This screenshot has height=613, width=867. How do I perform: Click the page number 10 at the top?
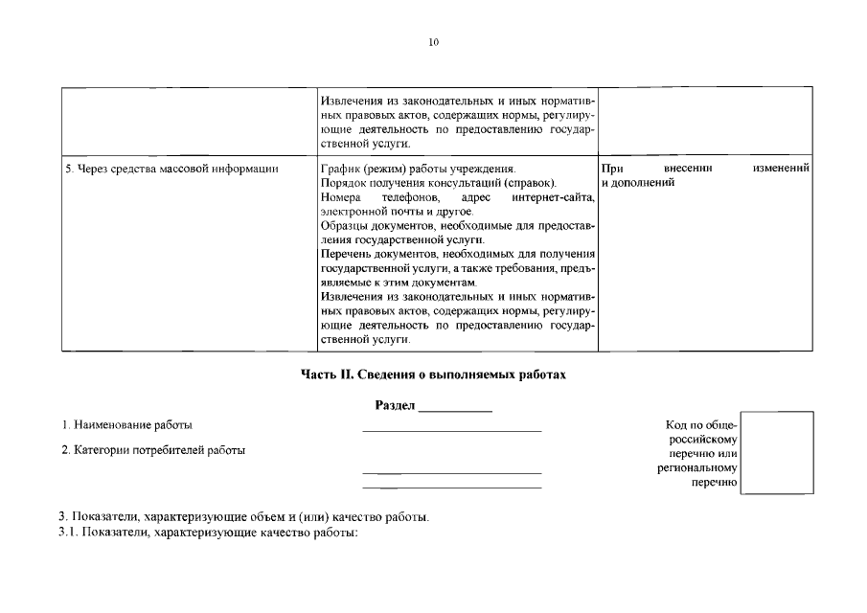pyautogui.click(x=433, y=43)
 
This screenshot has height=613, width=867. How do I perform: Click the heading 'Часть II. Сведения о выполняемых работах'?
pyautogui.click(x=433, y=375)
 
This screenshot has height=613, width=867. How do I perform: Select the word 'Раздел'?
pyautogui.click(x=395, y=406)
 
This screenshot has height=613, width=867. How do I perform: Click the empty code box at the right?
pyautogui.click(x=777, y=452)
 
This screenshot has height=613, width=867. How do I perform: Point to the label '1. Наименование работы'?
pyautogui.click(x=126, y=424)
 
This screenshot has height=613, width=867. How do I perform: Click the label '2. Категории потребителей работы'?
pyautogui.click(x=153, y=450)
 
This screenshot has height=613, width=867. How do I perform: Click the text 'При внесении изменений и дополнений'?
pyautogui.click(x=706, y=174)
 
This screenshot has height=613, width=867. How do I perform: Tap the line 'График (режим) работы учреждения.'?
pyautogui.click(x=418, y=169)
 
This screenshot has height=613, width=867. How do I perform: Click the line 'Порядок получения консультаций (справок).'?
pyautogui.click(x=439, y=183)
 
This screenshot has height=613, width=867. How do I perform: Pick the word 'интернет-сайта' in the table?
pyautogui.click(x=553, y=197)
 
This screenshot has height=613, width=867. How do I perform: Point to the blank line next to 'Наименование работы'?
pyautogui.click(x=450, y=429)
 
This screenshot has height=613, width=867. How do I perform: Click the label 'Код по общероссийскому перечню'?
pyautogui.click(x=696, y=453)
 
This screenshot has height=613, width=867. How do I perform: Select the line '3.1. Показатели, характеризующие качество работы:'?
pyautogui.click(x=208, y=533)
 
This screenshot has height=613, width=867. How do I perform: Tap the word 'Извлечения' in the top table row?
pyautogui.click(x=352, y=101)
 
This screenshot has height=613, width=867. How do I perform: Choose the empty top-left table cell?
pyautogui.click(x=189, y=120)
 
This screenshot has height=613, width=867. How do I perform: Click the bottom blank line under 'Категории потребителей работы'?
pyautogui.click(x=450, y=488)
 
